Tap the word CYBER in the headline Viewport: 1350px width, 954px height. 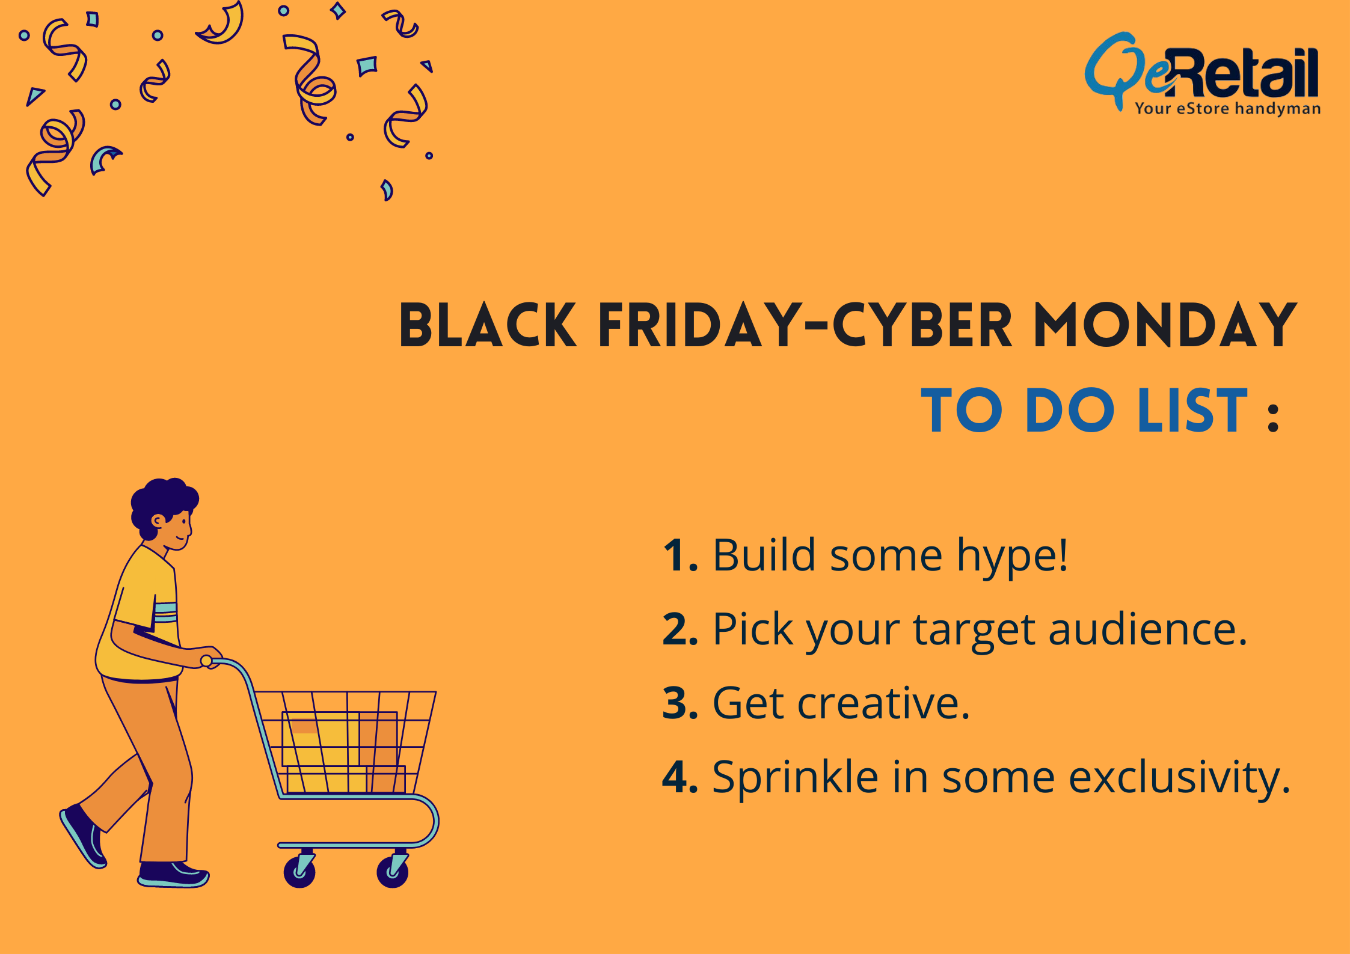(922, 325)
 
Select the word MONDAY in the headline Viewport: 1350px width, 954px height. (1165, 325)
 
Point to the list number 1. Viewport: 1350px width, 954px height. (680, 555)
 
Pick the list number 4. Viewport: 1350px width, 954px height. (680, 777)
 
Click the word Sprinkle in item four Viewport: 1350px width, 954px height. (796, 777)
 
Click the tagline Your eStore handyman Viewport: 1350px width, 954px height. (1227, 109)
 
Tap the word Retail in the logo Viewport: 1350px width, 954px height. (1244, 72)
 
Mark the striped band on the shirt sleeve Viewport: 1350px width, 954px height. (165, 612)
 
